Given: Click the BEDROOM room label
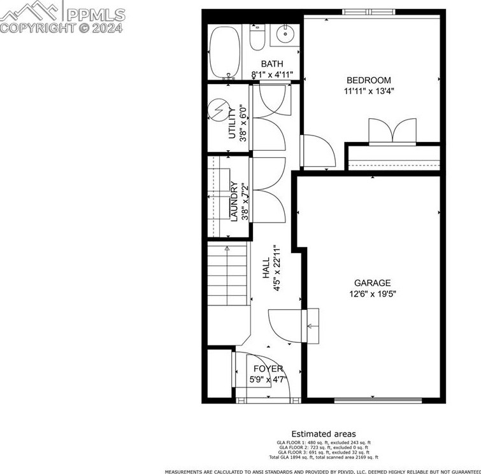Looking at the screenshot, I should click(x=368, y=80).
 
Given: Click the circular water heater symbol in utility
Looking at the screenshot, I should click(x=219, y=111).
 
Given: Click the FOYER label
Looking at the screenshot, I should click(x=268, y=369).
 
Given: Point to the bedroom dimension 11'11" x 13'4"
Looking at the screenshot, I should click(x=369, y=91).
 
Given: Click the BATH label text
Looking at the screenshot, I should click(x=271, y=64).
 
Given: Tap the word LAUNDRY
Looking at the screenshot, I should click(x=234, y=201).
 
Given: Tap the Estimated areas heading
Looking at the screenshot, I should click(x=324, y=434).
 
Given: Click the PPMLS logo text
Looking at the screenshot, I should click(x=96, y=15).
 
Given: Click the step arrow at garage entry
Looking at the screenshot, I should click(x=312, y=326).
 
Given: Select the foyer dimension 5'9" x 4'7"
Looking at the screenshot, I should click(x=268, y=380).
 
